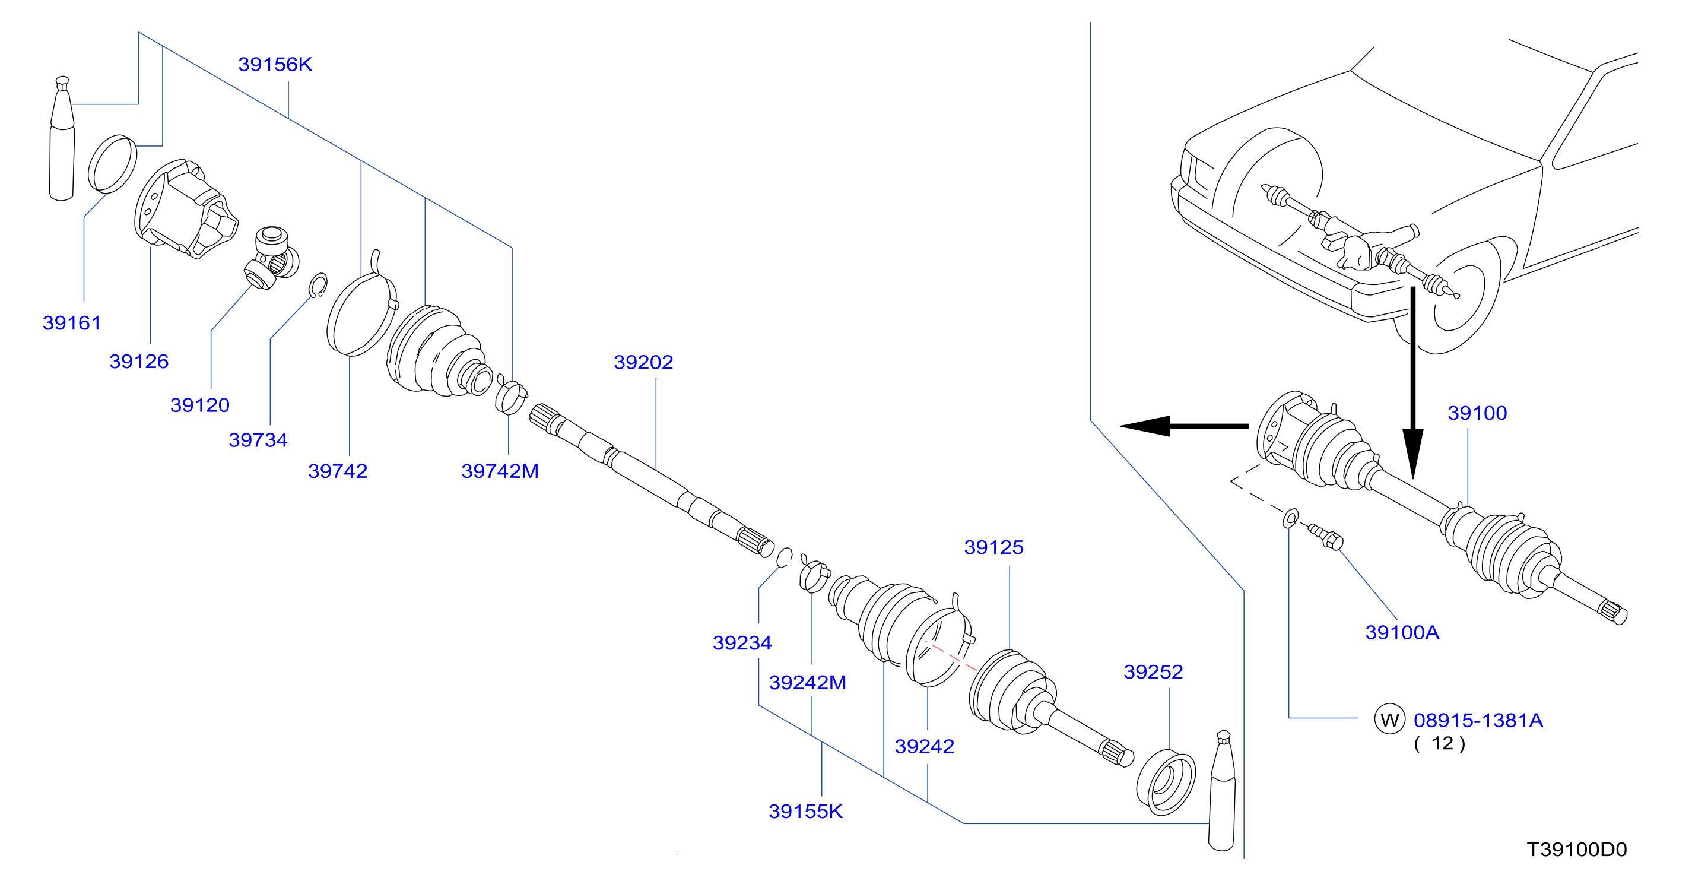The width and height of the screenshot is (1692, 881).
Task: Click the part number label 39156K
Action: (x=275, y=64)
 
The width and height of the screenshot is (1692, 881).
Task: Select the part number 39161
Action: (x=72, y=322)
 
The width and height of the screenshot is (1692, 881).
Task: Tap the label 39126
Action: (x=139, y=362)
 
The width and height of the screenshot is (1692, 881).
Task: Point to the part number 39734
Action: (x=258, y=439)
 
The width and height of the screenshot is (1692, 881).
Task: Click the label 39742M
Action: (x=500, y=471)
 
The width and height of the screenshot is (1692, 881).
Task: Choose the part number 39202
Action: (x=643, y=362)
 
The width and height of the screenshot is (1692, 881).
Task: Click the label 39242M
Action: (x=807, y=683)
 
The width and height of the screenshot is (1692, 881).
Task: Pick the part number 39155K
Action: (x=805, y=812)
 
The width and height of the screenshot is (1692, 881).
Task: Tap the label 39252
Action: (x=1153, y=671)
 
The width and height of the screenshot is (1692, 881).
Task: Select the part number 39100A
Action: (x=1402, y=632)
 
